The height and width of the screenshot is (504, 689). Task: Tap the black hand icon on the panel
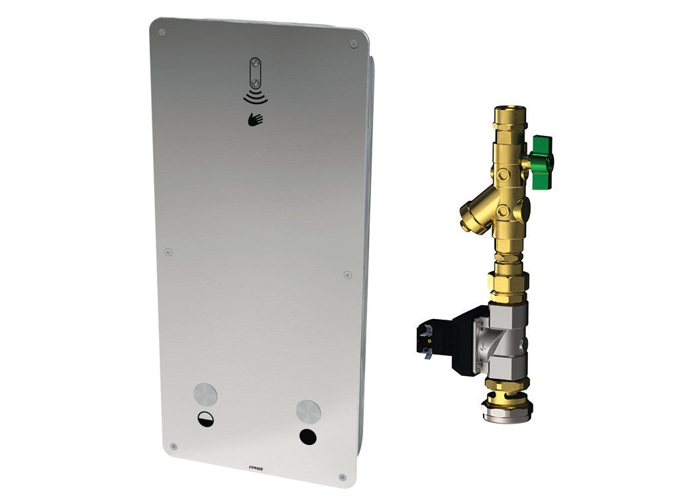pos(255,119)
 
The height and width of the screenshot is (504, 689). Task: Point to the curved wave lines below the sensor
pos(255,98)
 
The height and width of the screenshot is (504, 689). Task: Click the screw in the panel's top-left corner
pos(162,31)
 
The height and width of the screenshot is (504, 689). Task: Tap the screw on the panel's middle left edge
pos(168,252)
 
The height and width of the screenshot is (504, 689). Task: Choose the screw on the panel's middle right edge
pos(348,274)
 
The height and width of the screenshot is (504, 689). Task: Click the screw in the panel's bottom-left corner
pos(174,446)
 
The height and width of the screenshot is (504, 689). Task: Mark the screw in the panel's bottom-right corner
pos(342,477)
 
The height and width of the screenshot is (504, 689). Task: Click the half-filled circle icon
pos(205,419)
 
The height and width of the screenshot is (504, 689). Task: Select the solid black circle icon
pos(307,437)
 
